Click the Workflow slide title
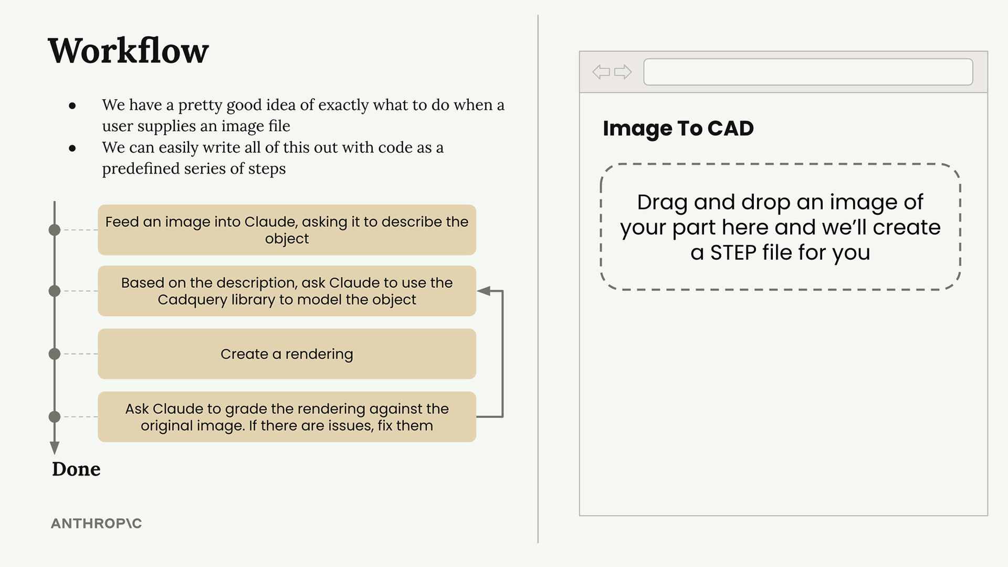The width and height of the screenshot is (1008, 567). (x=128, y=51)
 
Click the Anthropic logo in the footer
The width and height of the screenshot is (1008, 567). (x=97, y=523)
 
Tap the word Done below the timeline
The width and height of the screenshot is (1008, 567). (x=76, y=469)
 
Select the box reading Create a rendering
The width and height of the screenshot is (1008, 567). (x=287, y=354)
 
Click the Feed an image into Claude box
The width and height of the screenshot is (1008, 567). (x=287, y=230)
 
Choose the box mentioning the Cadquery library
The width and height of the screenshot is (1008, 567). (x=287, y=291)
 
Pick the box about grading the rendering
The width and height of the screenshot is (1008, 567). (x=287, y=417)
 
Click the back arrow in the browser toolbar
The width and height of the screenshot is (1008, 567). (x=601, y=72)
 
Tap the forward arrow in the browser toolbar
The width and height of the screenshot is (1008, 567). (x=623, y=72)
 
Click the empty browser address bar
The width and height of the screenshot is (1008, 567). (x=808, y=72)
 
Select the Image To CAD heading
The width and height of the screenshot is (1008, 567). (x=678, y=129)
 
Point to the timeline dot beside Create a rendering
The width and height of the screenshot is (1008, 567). (x=55, y=354)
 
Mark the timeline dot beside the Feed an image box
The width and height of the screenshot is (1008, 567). (x=55, y=230)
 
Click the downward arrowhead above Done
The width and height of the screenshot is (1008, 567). (x=55, y=448)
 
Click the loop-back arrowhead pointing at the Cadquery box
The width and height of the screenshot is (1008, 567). (x=484, y=291)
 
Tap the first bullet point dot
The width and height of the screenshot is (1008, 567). (x=72, y=106)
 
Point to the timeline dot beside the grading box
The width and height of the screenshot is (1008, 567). (x=55, y=417)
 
